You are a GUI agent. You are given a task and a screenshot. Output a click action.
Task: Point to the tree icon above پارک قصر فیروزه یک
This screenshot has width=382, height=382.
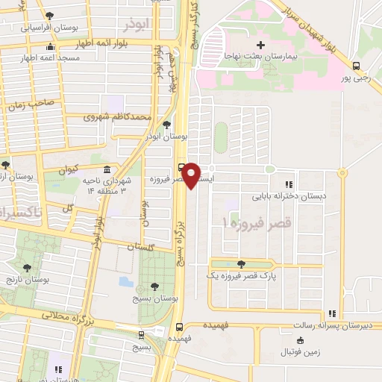click(x=240, y=263)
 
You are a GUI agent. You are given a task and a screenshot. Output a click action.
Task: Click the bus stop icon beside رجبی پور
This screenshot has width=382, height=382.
click(x=356, y=66)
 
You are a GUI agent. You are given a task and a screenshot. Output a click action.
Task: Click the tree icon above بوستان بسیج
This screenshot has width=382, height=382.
click(x=154, y=286)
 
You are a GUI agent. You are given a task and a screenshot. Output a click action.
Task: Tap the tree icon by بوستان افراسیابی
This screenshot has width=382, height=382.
click(x=49, y=16)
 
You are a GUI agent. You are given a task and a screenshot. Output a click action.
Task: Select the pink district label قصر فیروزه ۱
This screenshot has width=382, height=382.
click(x=256, y=222)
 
